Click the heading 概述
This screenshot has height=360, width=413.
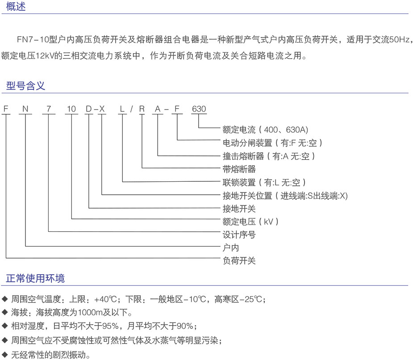[x=16, y=6]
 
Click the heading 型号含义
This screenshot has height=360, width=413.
[x=25, y=86]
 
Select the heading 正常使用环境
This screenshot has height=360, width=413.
[x=35, y=278]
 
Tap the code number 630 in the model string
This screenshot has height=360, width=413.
[x=199, y=109]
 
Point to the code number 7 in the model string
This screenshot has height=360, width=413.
[x=49, y=109]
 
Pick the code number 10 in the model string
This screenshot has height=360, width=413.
[x=71, y=109]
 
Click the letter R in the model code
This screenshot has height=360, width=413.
[x=142, y=109]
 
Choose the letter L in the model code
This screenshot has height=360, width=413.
[x=122, y=109]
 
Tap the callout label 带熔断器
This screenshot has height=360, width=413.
[x=239, y=169]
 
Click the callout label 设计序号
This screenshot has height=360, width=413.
[x=239, y=234]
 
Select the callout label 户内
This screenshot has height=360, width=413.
[x=231, y=248]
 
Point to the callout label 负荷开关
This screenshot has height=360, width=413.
[x=239, y=261]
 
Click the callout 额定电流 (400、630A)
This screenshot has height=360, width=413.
[x=265, y=130]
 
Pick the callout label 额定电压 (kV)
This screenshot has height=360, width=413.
[x=250, y=222]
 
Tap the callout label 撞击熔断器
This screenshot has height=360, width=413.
[x=243, y=156]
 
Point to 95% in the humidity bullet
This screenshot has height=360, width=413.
[x=110, y=326]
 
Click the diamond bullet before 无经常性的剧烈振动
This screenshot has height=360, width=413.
[x=5, y=354]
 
